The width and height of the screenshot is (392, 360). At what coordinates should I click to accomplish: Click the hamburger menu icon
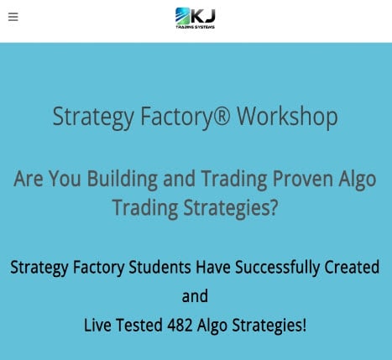13,17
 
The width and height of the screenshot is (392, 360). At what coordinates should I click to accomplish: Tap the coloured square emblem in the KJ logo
183,15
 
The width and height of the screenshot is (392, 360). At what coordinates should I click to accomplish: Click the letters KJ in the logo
204,14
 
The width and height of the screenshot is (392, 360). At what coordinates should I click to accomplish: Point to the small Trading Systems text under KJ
196,27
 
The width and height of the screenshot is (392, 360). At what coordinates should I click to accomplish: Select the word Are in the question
29,179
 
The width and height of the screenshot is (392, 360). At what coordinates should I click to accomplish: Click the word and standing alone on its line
195,296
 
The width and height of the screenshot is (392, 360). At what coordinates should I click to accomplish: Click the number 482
185,325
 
